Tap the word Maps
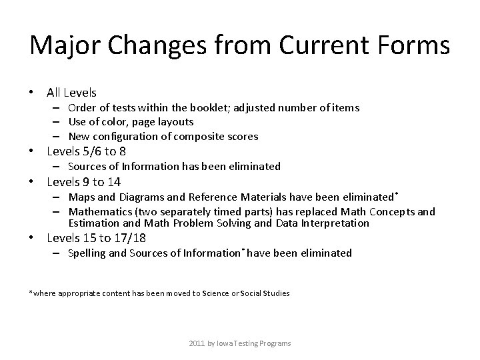[x=82, y=197]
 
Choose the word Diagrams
[x=139, y=197]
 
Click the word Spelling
[x=87, y=253]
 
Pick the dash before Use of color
[x=59, y=122]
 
